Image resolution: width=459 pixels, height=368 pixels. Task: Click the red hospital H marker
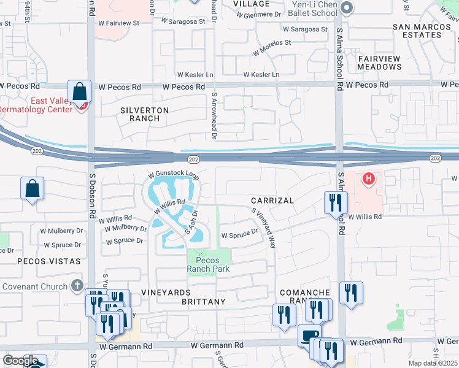tap(368, 179)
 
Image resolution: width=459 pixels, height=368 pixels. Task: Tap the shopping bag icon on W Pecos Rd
tap(80, 93)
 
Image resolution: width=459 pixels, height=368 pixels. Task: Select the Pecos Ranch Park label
tap(207, 264)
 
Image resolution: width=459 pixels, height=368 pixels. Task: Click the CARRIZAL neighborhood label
tap(272, 201)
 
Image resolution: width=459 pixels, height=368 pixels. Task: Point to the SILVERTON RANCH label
tap(144, 114)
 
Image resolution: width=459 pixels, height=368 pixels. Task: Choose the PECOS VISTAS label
tap(49, 261)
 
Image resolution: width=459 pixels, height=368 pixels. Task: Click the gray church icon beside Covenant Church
tap(77, 285)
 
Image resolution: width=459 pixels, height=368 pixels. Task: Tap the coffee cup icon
tap(309, 335)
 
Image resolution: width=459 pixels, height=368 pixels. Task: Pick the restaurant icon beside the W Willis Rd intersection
tap(336, 202)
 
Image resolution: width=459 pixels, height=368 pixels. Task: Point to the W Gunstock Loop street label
tap(173, 175)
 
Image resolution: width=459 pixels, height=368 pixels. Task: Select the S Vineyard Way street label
tap(264, 227)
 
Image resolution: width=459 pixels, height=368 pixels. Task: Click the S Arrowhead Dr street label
tap(215, 117)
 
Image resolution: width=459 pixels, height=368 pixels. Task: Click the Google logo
tap(20, 361)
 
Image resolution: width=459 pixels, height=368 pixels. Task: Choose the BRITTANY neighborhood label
tap(203, 302)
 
